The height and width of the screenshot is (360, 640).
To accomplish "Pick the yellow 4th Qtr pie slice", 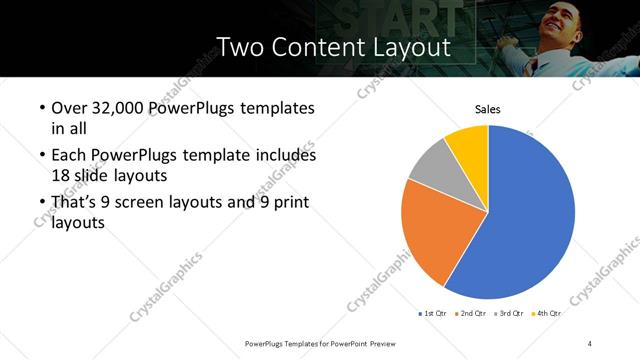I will (x=468, y=144).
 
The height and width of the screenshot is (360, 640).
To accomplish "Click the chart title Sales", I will (x=487, y=110).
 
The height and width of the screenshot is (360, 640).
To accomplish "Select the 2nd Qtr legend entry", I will (x=472, y=313).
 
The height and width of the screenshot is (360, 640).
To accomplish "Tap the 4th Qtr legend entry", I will (x=547, y=313).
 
